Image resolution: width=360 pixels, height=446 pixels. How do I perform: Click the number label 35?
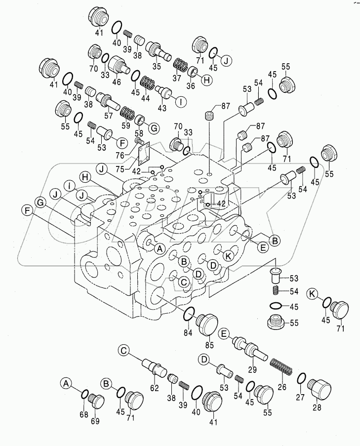coord(157,67)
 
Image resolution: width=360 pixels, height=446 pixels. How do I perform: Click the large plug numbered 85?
coord(208,324)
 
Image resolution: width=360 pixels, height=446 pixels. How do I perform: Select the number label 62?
coord(155,389)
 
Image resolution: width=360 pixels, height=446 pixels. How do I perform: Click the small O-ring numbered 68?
coord(84,394)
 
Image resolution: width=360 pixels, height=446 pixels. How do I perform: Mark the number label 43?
coord(162,108)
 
